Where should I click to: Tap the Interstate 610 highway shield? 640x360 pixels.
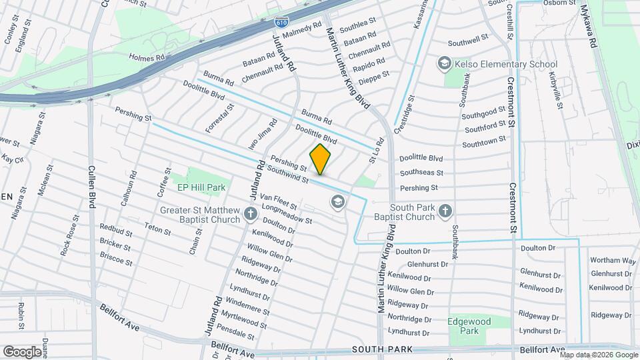click(281, 21)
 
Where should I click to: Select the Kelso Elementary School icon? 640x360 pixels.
click(444, 64)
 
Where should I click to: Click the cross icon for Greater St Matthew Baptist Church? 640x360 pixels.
click(251, 214)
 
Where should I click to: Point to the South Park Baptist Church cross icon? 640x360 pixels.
click(445, 211)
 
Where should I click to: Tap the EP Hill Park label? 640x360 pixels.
click(201, 188)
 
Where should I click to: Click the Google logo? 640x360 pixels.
click(22, 351)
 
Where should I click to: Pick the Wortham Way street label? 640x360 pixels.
click(613, 260)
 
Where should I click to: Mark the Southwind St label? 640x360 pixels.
click(287, 175)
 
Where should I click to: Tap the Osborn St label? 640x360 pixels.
click(559, 3)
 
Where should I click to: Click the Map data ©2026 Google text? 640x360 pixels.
click(598, 355)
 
